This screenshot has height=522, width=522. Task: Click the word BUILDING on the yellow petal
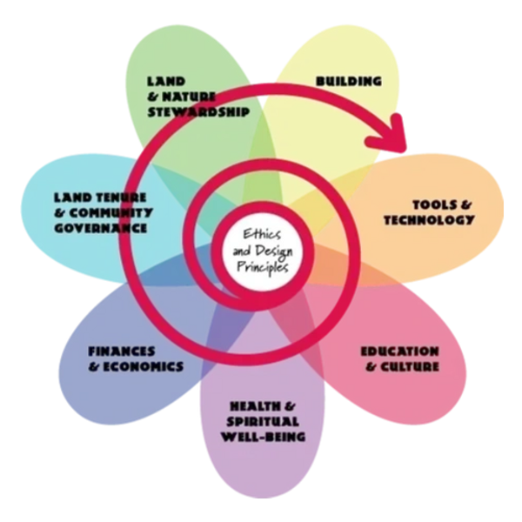[348, 82]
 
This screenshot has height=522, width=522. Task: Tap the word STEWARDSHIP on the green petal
[200, 112]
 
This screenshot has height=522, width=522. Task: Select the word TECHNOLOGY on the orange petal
[430, 220]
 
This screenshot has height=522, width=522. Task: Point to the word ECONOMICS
[142, 366]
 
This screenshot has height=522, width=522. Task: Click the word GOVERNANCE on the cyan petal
[97, 227]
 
